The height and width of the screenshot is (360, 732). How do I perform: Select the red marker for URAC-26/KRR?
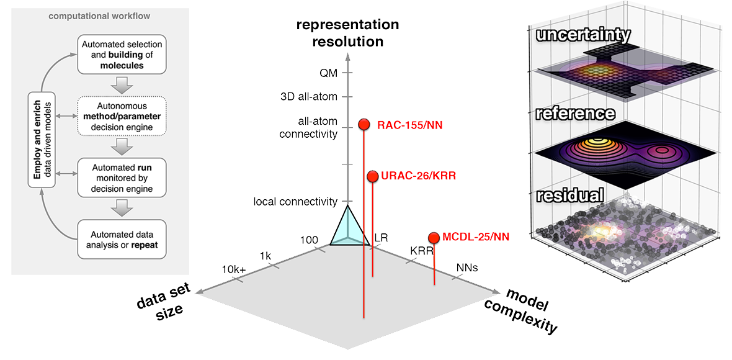372,176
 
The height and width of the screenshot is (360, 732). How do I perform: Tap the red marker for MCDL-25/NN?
434,237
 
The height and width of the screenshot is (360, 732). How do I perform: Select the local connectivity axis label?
295,202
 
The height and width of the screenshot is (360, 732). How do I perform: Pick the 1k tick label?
266,256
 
